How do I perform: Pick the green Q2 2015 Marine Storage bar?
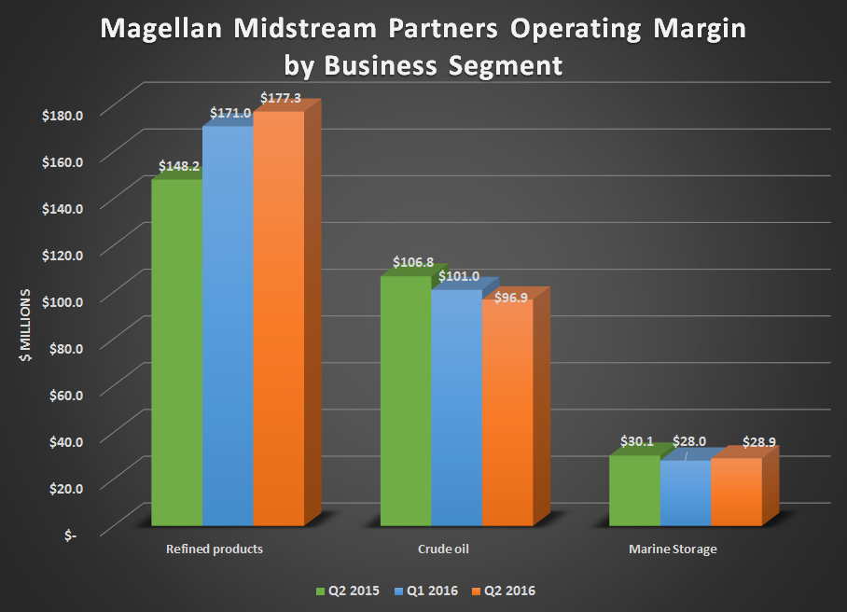(633, 491)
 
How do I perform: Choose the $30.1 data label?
(640, 441)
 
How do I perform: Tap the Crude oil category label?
(442, 549)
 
